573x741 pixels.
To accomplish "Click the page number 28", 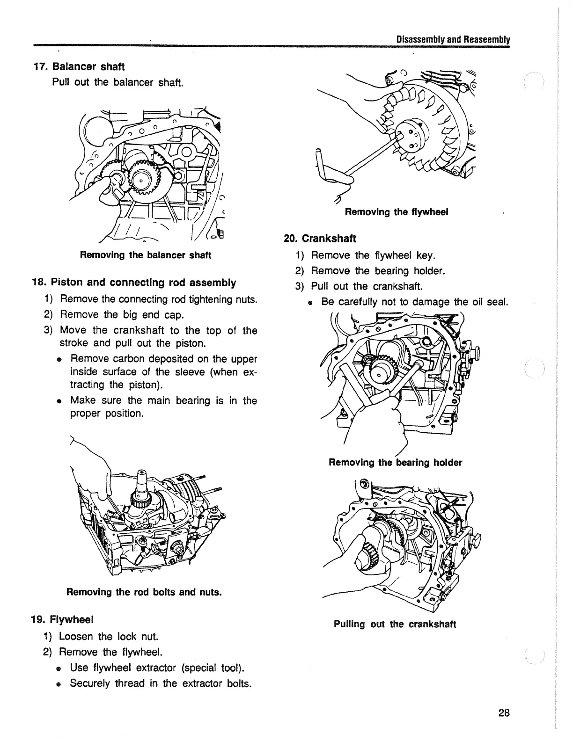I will (504, 713).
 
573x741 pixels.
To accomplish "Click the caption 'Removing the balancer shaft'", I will (146, 255).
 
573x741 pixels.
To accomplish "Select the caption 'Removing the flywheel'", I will (397, 212).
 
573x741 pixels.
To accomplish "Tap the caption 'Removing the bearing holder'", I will (395, 463).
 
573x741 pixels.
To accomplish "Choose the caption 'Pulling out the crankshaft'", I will (395, 624).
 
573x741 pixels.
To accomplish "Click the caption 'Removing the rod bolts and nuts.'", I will (144, 592).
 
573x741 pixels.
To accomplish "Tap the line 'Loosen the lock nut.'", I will (109, 636).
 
